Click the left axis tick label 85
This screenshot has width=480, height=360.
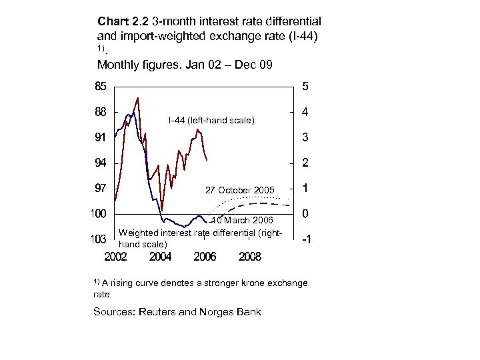click(x=99, y=86)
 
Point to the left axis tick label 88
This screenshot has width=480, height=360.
click(x=99, y=112)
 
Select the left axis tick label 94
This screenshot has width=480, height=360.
click(x=99, y=163)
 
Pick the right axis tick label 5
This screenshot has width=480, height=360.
click(x=305, y=86)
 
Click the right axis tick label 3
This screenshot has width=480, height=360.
click(x=305, y=137)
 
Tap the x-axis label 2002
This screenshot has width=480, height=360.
click(x=116, y=256)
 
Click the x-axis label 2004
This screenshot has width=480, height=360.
click(x=160, y=256)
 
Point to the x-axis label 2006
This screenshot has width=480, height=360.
click(x=204, y=256)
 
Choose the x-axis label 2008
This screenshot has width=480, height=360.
click(x=249, y=256)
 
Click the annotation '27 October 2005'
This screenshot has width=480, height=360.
click(x=239, y=191)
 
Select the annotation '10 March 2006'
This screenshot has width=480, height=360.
click(x=242, y=221)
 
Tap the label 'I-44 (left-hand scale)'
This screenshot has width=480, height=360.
click(x=211, y=121)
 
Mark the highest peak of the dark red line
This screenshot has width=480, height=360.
click(x=137, y=98)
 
